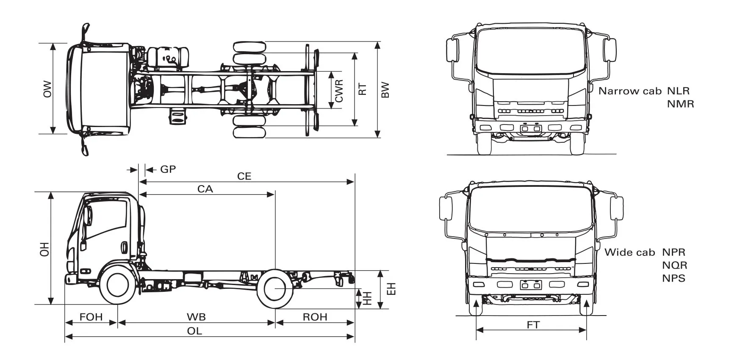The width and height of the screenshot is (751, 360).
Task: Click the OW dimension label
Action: [47, 89]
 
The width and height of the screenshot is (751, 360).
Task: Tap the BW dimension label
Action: [385, 90]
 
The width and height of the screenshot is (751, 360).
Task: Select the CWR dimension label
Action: [339, 91]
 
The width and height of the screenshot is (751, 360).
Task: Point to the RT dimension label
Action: [363, 89]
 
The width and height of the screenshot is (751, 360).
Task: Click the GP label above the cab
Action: [168, 169]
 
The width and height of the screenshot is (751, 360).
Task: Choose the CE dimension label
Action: [244, 176]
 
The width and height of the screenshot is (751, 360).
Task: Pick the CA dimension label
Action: [205, 189]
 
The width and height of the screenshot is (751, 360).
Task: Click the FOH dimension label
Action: [91, 317]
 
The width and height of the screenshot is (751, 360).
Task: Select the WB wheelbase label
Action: [196, 317]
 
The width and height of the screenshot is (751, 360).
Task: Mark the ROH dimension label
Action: [315, 317]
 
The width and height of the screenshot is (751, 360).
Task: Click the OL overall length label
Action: [194, 331]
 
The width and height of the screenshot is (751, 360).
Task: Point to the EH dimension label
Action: [392, 289]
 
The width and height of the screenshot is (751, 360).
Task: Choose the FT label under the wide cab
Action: [533, 325]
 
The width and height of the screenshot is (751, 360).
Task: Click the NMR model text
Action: [680, 104]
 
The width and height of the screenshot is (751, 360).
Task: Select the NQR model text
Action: [674, 266]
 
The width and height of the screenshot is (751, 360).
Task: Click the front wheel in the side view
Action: [118, 285]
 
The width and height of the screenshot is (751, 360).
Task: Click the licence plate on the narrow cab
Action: [531, 128]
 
